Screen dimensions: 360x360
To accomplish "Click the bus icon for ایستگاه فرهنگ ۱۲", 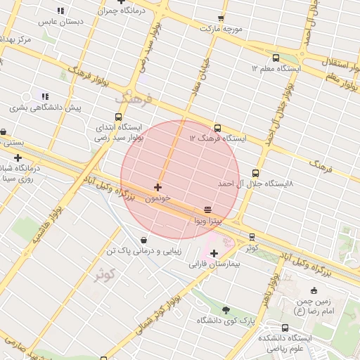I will [x=217, y=128].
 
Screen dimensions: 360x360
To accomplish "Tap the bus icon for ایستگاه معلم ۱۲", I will [x=275, y=58].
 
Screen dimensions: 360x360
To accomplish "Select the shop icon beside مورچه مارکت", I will [x=221, y=18].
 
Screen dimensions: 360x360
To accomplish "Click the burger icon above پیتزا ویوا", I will [x=207, y=210].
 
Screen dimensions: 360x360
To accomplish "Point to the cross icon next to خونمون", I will [x=157, y=187].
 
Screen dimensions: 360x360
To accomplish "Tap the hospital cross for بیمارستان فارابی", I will [x=214, y=253].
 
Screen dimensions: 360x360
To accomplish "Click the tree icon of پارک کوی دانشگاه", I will [x=226, y=310].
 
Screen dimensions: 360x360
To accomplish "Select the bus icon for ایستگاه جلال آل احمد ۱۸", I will [x=255, y=173].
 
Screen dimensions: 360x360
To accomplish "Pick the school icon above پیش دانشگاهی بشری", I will [x=45, y=96].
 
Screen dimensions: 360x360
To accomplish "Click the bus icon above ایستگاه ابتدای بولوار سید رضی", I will [x=118, y=117].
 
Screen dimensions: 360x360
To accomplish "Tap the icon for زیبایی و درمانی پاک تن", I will [x=144, y=240].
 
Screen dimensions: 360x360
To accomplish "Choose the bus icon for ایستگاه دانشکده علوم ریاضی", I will [x=285, y=328].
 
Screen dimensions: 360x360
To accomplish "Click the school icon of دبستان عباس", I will [x=60, y=11].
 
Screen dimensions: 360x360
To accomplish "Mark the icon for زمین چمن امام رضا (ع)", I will [x=314, y=291].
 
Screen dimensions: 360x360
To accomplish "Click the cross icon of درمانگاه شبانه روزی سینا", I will [x=18, y=157].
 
